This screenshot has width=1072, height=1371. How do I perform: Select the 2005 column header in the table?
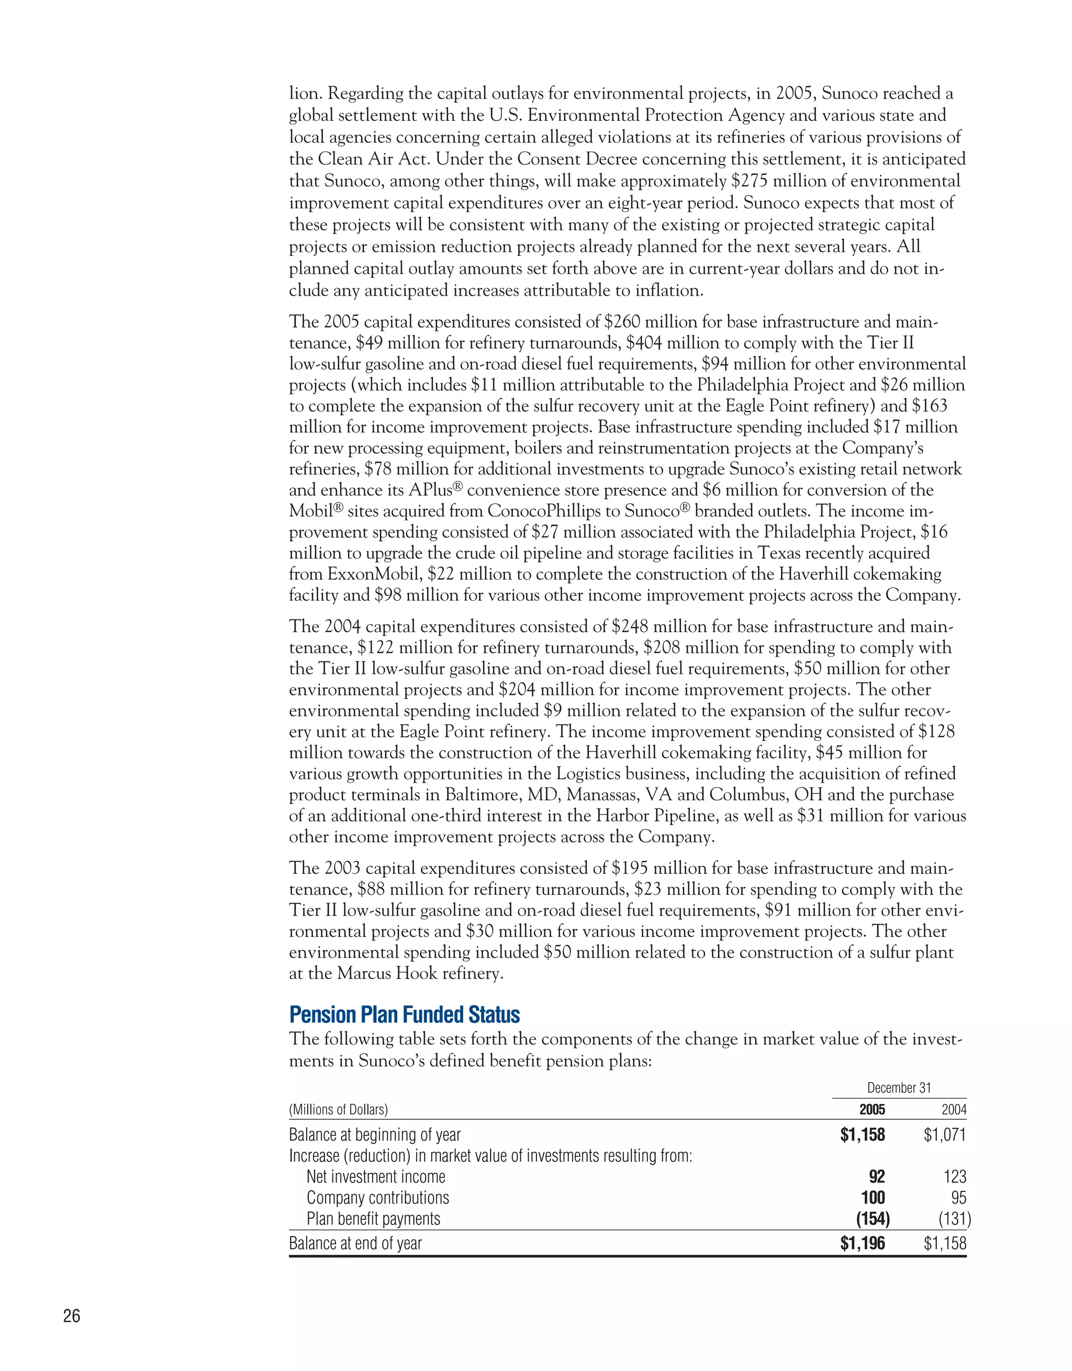click(x=872, y=1109)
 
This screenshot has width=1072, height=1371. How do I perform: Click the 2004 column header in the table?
click(x=953, y=1109)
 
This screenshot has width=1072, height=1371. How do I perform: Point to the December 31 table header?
click(x=899, y=1088)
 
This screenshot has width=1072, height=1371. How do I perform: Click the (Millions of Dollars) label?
click(x=339, y=1110)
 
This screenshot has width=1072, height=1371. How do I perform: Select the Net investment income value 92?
click(x=877, y=1176)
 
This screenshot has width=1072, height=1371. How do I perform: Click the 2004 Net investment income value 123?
click(x=955, y=1176)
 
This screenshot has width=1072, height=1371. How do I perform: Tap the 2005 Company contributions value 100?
click(x=873, y=1197)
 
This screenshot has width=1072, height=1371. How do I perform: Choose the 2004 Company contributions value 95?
click(x=958, y=1197)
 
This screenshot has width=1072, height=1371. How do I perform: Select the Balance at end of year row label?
click(x=355, y=1243)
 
